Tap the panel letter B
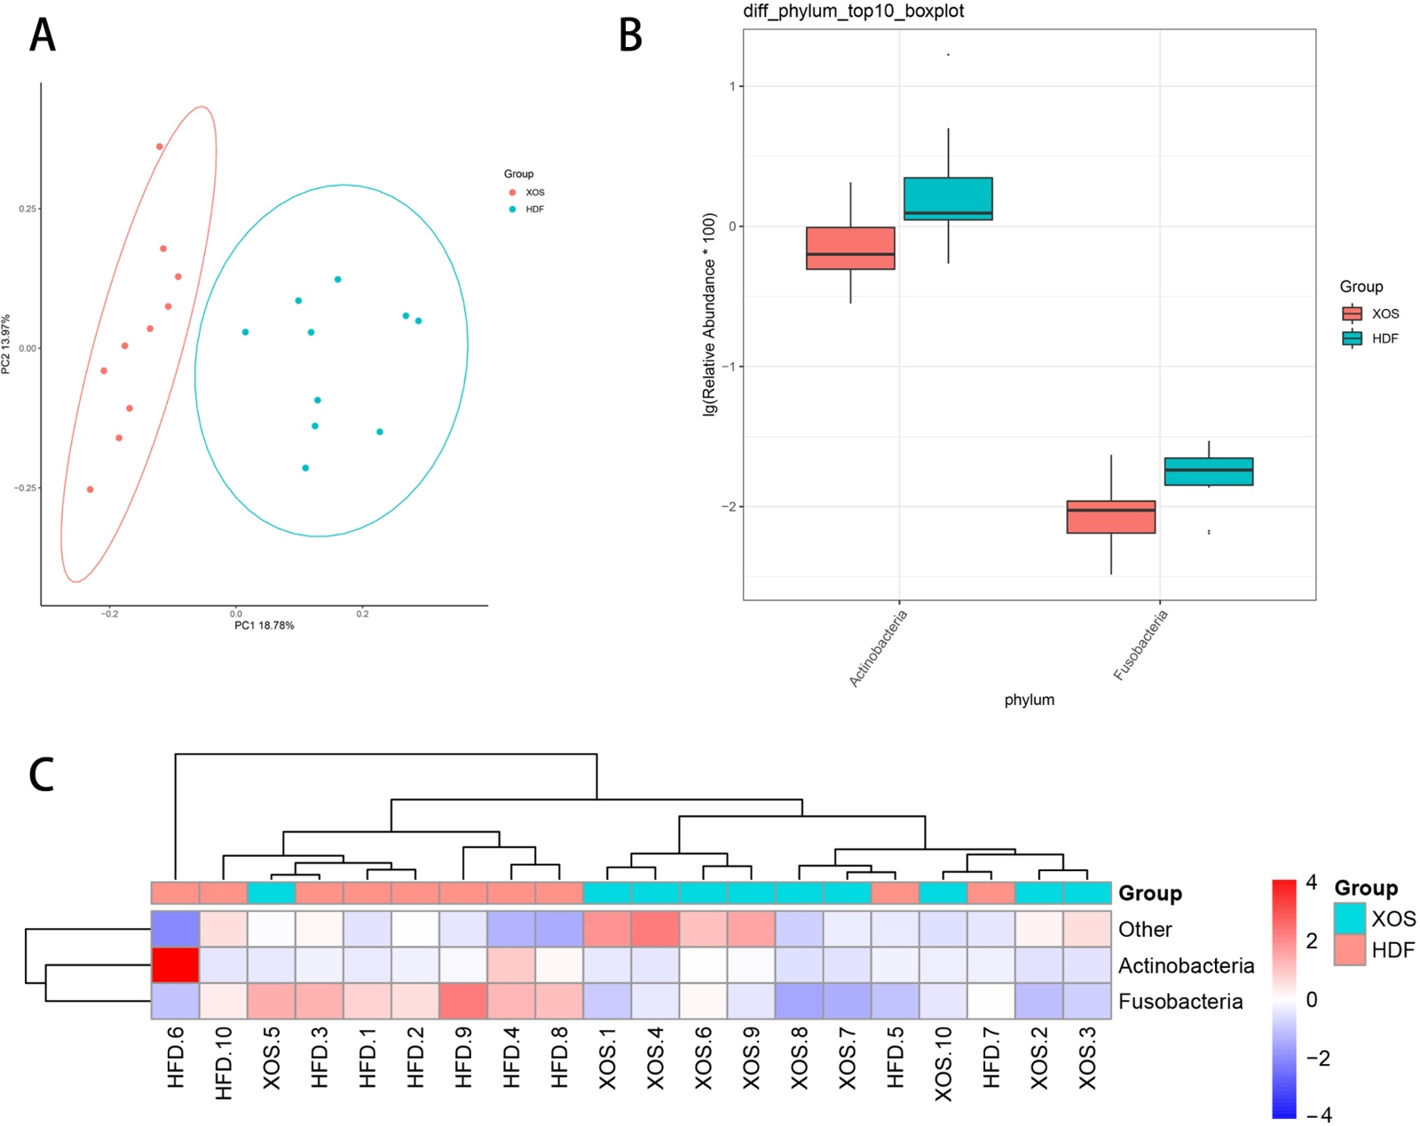[x=630, y=36]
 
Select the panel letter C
[x=42, y=774]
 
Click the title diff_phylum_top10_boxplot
[x=853, y=12]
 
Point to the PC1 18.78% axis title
[x=264, y=626]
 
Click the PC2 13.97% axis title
[x=6, y=344]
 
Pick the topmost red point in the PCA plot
[x=160, y=147]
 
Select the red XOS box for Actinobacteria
[x=850, y=248]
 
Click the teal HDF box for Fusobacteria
[x=1208, y=472]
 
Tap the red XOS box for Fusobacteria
[x=1110, y=517]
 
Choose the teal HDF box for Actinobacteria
[x=948, y=198]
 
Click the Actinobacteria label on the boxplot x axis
[x=879, y=649]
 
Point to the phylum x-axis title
[x=1029, y=700]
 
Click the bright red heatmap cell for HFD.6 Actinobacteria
[x=175, y=964]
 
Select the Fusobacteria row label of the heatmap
[x=1179, y=1002]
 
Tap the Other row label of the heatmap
[x=1145, y=930]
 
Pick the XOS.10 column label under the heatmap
[x=943, y=1064]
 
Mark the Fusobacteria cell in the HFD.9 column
[x=463, y=1001]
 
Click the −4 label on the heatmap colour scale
[x=1319, y=1115]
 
